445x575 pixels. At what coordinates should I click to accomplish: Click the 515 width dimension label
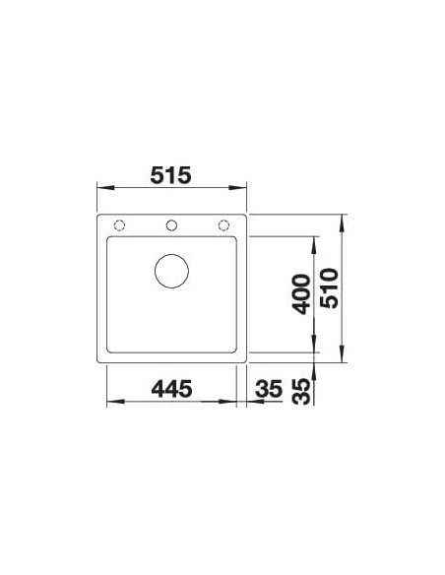click(x=171, y=175)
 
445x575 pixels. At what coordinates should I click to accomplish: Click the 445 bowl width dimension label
click(x=171, y=389)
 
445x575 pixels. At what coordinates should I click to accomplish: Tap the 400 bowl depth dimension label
click(x=302, y=294)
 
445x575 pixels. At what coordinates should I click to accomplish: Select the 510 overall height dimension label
click(x=329, y=288)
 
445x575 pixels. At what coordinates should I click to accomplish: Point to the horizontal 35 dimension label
click(x=269, y=389)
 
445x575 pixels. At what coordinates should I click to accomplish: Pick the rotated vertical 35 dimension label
click(x=302, y=392)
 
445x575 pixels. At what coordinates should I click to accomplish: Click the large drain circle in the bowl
click(x=171, y=271)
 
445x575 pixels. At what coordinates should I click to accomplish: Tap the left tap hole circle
click(x=119, y=225)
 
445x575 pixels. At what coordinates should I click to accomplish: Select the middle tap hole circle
click(x=171, y=225)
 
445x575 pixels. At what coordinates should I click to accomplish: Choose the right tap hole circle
click(x=223, y=225)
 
